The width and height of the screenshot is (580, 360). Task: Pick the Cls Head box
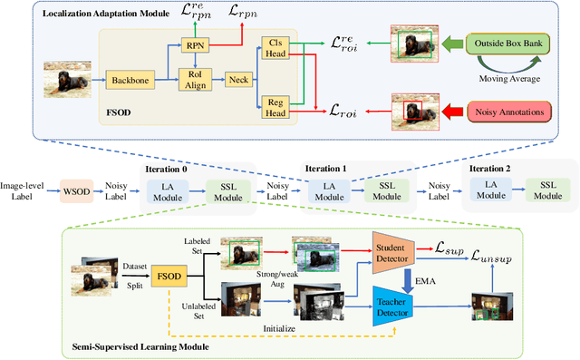[x=272, y=48]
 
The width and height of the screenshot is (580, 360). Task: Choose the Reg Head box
[x=272, y=108]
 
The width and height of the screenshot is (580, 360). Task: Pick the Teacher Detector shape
[x=392, y=306]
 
